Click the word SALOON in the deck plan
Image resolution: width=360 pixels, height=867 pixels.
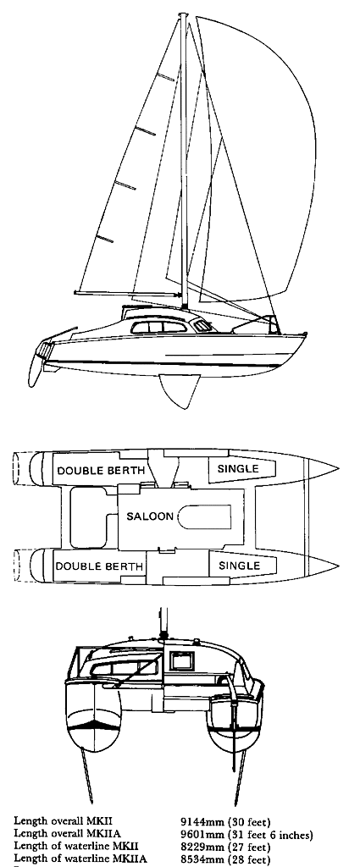[150, 516]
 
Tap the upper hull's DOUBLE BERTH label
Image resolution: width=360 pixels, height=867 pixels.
[101, 471]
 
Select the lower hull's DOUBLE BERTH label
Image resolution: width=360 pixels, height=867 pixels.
[100, 566]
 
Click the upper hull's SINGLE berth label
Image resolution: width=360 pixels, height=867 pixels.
[238, 469]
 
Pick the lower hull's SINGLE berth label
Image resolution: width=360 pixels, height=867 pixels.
[239, 566]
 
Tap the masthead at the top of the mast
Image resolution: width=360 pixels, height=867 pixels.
[183, 15]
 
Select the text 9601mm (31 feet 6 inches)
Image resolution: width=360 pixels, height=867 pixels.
[246, 834]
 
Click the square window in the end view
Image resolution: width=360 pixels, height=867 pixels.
[182, 660]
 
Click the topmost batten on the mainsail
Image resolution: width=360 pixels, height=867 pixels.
[165, 77]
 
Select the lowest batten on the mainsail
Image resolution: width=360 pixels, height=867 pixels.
[104, 239]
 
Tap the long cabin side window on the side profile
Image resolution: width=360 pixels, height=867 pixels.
[159, 327]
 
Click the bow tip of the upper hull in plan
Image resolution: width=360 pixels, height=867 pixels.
[338, 469]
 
